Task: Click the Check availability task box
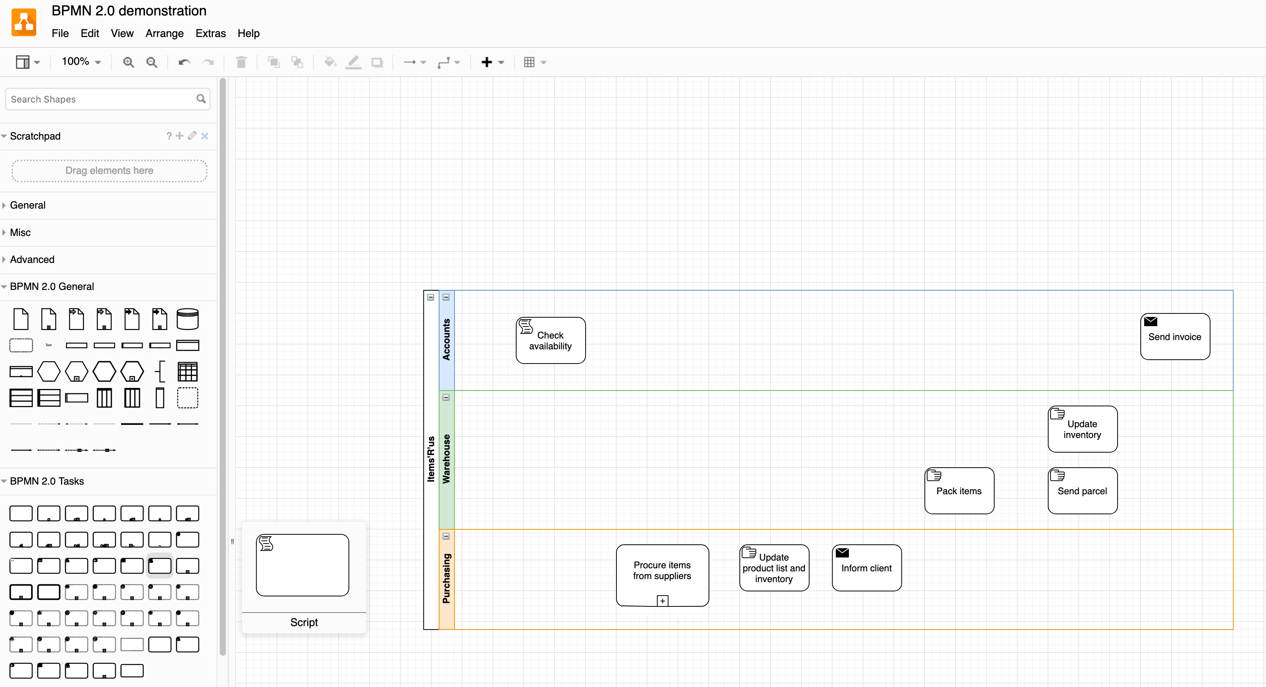point(551,340)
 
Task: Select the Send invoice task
point(1175,337)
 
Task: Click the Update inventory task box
point(1082,429)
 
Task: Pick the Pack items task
point(958,491)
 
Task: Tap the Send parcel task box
point(1082,491)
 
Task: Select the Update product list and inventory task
point(774,568)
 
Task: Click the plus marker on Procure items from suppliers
point(662,601)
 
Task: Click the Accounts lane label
point(446,340)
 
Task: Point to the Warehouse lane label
point(446,458)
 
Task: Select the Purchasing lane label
point(446,578)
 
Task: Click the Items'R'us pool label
point(431,458)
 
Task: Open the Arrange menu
point(164,34)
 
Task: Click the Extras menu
point(210,34)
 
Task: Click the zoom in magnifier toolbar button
point(128,62)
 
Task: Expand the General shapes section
point(27,205)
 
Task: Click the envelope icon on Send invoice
point(1150,322)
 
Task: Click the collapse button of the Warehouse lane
point(446,397)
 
